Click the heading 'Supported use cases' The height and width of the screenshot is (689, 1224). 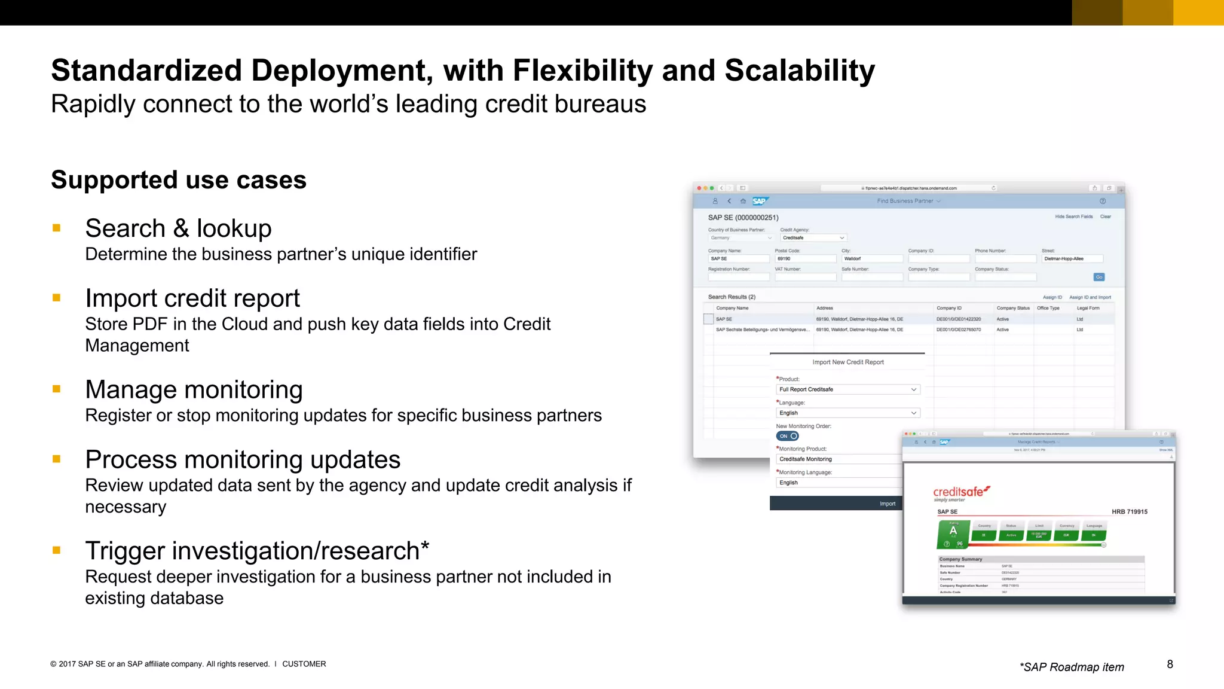tap(178, 180)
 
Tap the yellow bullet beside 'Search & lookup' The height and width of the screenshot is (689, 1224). tap(57, 228)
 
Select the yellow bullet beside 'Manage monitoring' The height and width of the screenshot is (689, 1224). tap(57, 389)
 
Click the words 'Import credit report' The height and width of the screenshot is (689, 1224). tap(192, 298)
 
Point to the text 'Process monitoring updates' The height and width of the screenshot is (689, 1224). tap(243, 460)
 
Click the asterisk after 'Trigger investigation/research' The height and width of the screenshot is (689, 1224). tap(425, 546)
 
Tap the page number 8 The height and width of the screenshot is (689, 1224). tap(1170, 664)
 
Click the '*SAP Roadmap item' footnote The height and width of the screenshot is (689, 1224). tap(1072, 667)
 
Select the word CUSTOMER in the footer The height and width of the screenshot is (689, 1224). tap(304, 664)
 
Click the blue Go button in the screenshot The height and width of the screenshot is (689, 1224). tap(1098, 277)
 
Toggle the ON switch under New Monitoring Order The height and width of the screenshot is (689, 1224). tap(787, 436)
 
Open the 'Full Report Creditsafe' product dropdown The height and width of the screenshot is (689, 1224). tap(847, 389)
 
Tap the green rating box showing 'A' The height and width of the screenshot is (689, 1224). tap(953, 532)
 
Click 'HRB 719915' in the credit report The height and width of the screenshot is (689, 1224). tap(1129, 512)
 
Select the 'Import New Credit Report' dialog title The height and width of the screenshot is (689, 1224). tap(847, 362)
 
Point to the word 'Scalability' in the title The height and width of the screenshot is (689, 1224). tap(800, 71)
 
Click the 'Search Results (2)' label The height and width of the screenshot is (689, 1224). tap(732, 297)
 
